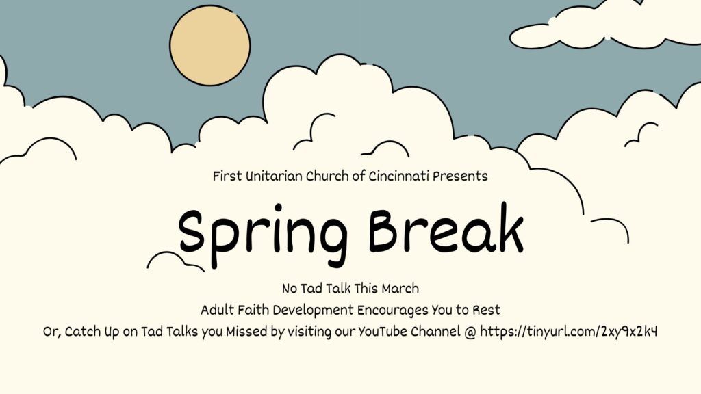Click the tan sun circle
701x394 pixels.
pyautogui.click(x=209, y=45)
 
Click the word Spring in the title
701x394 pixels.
pyautogui.click(x=263, y=235)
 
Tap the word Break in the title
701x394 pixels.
pyautogui.click(x=446, y=228)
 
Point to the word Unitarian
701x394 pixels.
pyautogui.click(x=274, y=176)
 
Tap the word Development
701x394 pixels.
pyautogui.click(x=313, y=311)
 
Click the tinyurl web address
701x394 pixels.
pyautogui.click(x=569, y=332)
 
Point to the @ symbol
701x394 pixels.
pyautogui.click(x=470, y=332)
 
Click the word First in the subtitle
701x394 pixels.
pyautogui.click(x=227, y=176)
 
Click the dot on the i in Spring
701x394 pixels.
pyautogui.click(x=278, y=208)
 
